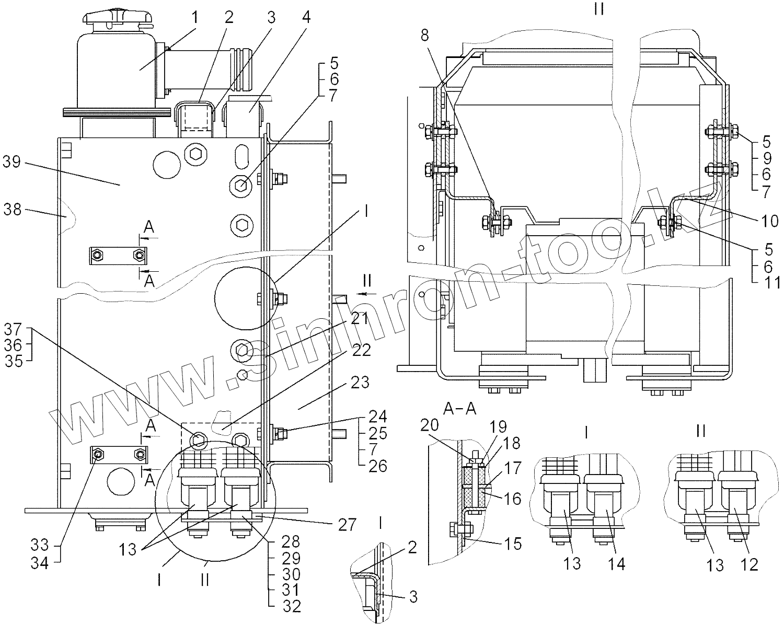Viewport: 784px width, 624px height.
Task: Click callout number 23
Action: click(x=360, y=383)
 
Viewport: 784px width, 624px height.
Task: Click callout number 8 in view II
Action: click(x=424, y=36)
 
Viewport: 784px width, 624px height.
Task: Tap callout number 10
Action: click(x=769, y=222)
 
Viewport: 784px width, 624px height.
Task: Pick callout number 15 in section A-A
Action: click(x=514, y=544)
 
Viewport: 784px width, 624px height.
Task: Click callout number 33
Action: click(x=40, y=546)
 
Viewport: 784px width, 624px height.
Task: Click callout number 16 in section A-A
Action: click(x=513, y=499)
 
